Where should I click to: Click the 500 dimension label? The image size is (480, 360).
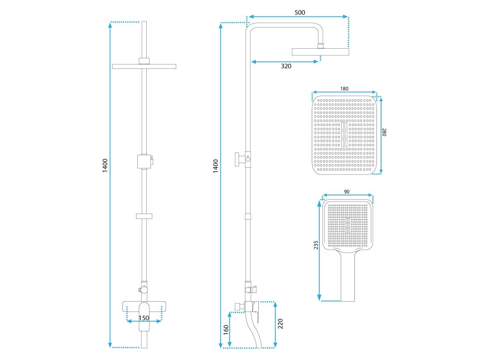300,13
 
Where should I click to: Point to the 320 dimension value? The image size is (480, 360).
286,66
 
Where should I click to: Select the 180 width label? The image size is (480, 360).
344,88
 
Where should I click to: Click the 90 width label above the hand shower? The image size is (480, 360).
347,192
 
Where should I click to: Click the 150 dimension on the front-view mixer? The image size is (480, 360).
144,318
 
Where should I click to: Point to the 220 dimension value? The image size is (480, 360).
280,324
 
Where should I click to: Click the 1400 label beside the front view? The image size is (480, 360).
105,165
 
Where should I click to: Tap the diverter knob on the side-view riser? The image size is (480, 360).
240,159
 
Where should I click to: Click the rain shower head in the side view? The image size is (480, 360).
321,51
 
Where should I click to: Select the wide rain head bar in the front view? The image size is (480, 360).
144,66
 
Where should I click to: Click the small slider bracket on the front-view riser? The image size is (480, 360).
144,216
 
